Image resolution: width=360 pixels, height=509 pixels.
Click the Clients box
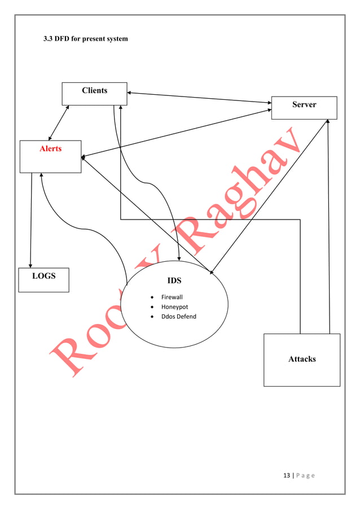pos(94,94)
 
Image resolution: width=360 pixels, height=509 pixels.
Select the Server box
pos(304,107)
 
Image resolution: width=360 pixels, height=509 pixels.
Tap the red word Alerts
pos(50,149)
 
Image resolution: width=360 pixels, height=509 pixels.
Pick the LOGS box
pos(43,279)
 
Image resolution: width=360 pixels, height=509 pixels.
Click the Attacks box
pos(302,359)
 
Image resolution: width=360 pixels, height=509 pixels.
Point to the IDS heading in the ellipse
pos(174,280)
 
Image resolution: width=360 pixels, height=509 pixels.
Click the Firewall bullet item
pos(172,297)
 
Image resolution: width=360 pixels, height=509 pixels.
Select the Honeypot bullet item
pos(174,307)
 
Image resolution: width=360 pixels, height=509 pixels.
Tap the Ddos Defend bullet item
pos(178,317)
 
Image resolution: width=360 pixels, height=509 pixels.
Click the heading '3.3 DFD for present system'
pos(86,39)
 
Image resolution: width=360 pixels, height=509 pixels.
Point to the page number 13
pos(286,475)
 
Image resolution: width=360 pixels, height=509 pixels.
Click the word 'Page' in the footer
pos(305,475)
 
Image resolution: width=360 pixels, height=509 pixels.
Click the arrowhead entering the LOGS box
pos(30,265)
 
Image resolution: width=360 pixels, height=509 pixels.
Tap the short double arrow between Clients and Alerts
pos(59,122)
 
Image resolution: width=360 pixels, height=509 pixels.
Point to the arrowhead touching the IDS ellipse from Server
pos(211,273)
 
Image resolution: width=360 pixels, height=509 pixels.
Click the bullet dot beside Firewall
pos(152,297)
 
